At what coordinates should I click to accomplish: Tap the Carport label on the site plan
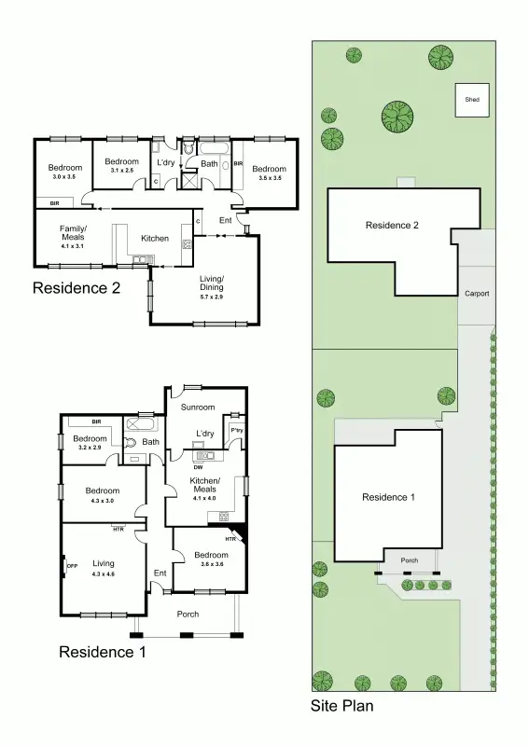476,294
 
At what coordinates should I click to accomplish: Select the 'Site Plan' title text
341,706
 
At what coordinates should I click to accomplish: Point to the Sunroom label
198,408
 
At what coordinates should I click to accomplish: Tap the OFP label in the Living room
72,565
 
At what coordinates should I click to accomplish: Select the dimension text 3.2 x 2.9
90,449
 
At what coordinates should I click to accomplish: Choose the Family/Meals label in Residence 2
73,233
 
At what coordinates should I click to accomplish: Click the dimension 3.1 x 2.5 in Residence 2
121,171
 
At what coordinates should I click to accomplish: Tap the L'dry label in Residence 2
166,163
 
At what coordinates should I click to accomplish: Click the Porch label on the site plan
409,560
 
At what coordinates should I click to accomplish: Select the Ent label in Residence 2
225,220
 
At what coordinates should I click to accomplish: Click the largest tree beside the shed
397,117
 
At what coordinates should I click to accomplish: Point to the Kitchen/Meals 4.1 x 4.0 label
203,488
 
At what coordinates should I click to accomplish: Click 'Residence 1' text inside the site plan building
387,497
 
